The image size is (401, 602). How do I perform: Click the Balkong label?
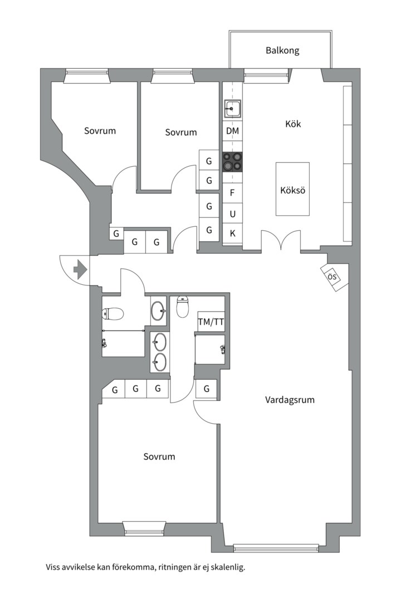[282, 51]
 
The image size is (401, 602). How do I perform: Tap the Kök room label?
[293, 124]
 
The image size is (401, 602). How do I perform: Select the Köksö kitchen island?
[292, 189]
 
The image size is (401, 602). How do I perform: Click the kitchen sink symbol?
[232, 109]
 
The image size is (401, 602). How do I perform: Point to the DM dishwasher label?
[232, 132]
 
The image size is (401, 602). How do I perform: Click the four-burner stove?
[232, 162]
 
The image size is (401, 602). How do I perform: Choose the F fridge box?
[232, 193]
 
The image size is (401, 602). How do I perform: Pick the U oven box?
[232, 213]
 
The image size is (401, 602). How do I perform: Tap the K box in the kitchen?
[232, 234]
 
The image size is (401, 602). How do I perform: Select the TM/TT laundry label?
[211, 322]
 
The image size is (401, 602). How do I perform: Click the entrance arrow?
[80, 269]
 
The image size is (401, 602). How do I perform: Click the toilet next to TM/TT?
[183, 306]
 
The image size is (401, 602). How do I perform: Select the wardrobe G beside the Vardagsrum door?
[207, 389]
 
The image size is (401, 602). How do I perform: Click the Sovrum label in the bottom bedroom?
[159, 457]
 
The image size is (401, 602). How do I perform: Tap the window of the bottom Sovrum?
[144, 528]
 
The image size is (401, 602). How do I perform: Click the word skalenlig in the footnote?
[225, 568]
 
